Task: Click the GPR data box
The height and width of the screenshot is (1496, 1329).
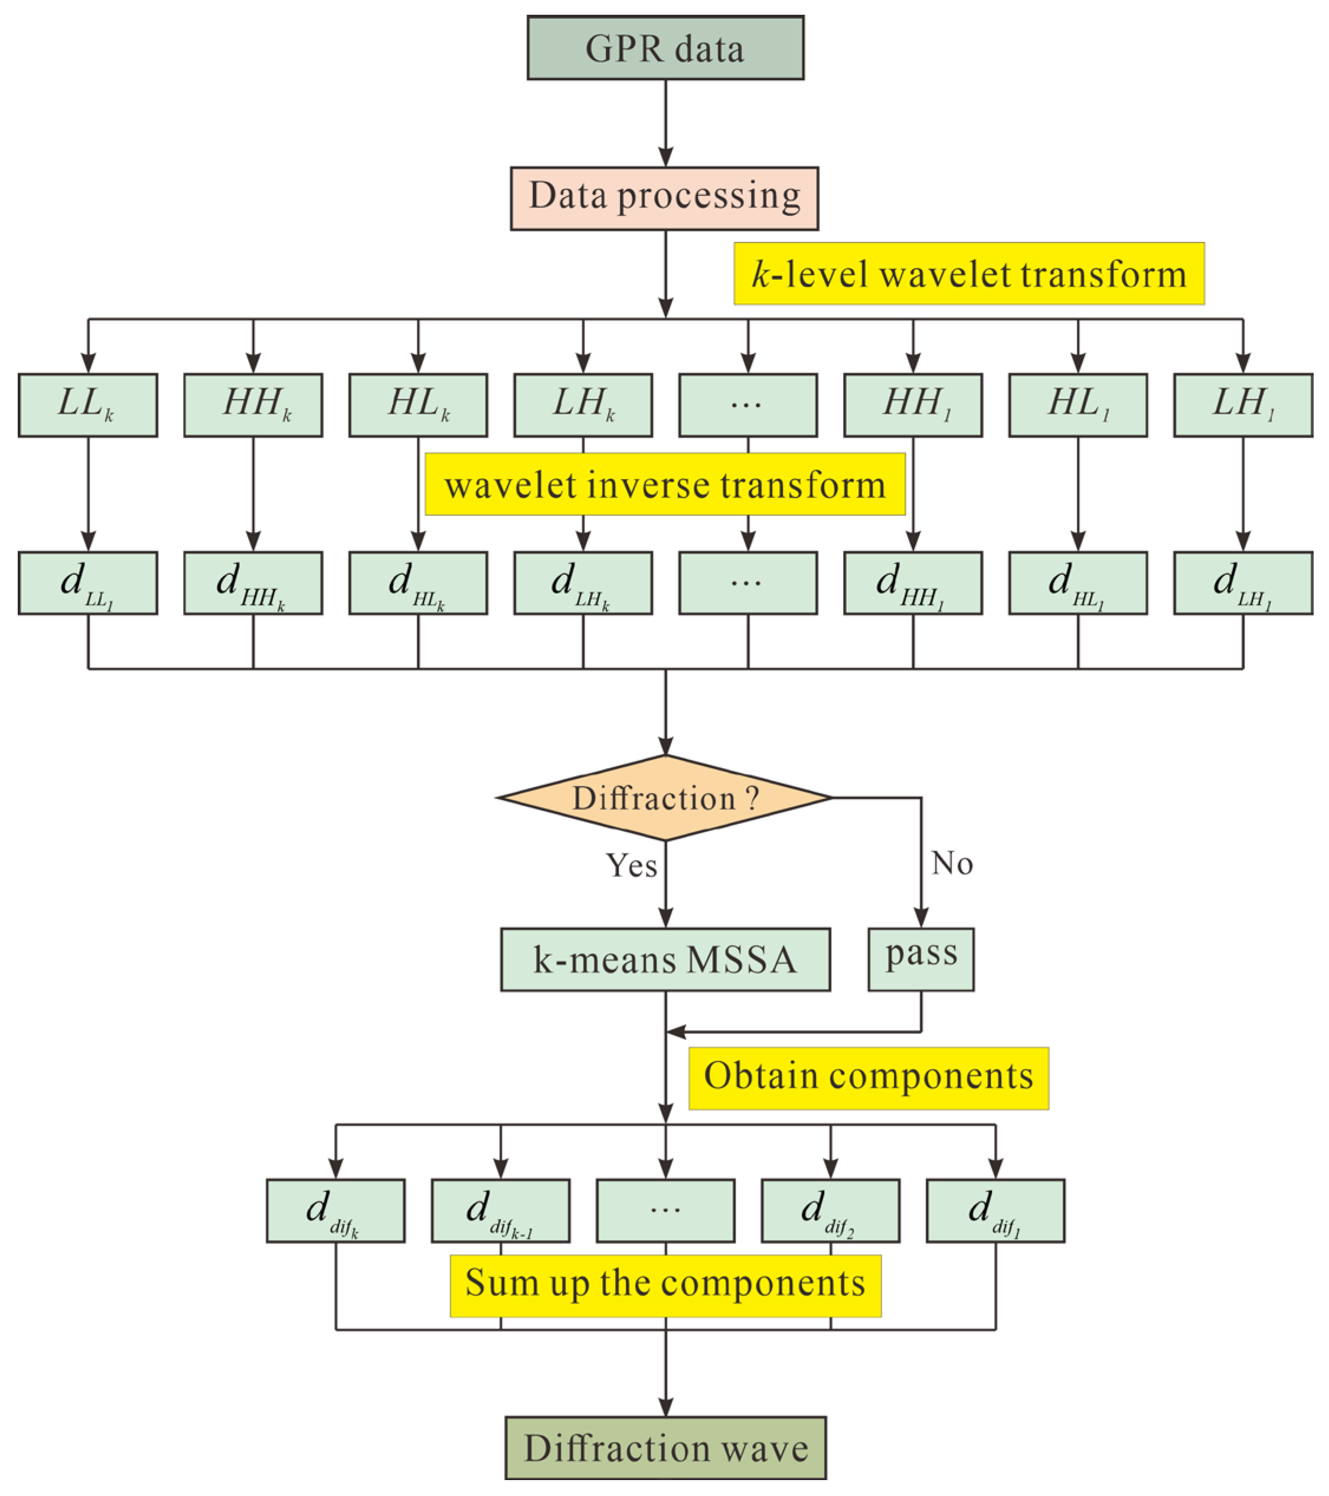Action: click(x=665, y=48)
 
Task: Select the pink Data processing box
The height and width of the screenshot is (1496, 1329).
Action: click(x=664, y=198)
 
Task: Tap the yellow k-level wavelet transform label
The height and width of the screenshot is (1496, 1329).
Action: click(x=968, y=274)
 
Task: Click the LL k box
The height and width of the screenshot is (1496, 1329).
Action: click(x=88, y=405)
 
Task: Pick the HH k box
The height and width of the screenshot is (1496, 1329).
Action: click(x=253, y=405)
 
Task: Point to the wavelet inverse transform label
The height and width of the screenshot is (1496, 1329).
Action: click(x=664, y=485)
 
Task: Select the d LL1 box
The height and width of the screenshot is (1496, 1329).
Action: click(x=88, y=583)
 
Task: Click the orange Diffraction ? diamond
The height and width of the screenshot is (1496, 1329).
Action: click(x=664, y=798)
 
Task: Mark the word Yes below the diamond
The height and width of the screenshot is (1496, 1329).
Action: click(x=631, y=865)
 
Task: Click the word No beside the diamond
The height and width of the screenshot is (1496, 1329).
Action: click(x=951, y=863)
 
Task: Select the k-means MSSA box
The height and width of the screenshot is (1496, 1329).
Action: click(x=664, y=960)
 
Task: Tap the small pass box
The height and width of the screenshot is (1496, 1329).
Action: click(x=920, y=960)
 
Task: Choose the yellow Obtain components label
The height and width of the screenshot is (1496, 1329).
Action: click(x=868, y=1078)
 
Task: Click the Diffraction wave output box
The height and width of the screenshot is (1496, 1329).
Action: click(x=665, y=1448)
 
